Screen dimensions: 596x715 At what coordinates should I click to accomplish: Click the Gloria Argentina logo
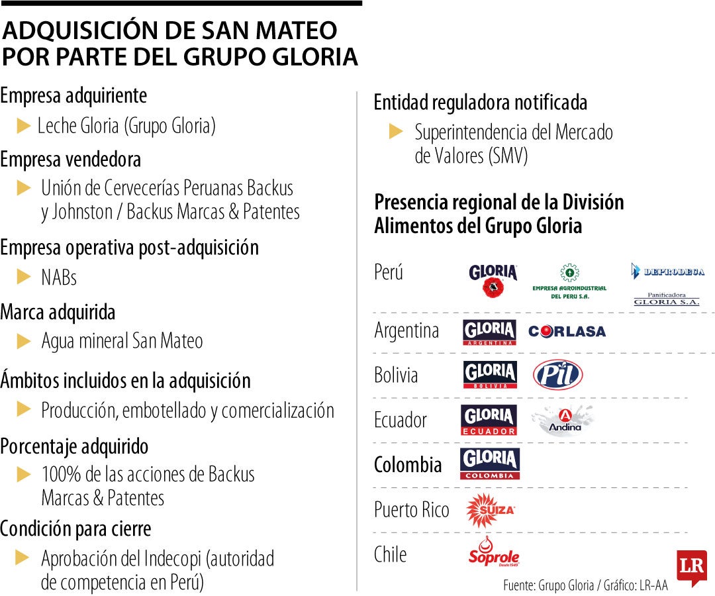tap(490, 332)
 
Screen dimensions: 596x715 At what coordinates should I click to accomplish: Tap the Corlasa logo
tap(567, 331)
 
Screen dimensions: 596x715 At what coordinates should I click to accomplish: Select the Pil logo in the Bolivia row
tap(557, 375)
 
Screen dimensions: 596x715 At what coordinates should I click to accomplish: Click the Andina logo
tap(565, 420)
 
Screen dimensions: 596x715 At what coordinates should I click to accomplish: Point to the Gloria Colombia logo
tap(490, 464)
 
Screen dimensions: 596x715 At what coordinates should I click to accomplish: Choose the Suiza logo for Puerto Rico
tap(490, 510)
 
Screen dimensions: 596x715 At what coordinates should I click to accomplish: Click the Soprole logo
tap(494, 553)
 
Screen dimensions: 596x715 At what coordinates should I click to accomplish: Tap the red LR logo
tap(691, 567)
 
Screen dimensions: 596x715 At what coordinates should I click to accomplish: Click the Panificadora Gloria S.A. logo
tap(666, 299)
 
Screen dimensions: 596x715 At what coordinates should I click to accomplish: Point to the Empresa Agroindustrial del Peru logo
tap(569, 282)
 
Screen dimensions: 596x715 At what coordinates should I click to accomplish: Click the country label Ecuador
tap(401, 420)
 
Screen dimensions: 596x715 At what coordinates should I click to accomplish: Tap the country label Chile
tap(390, 554)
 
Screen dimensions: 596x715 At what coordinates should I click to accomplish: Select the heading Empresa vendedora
tap(70, 160)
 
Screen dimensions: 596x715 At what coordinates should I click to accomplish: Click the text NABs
tap(59, 277)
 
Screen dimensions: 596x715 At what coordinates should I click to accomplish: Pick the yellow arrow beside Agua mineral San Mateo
tap(24, 342)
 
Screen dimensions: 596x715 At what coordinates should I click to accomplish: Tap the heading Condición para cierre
tap(75, 529)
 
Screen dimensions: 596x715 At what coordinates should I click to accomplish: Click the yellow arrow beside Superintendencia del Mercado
tap(396, 132)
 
